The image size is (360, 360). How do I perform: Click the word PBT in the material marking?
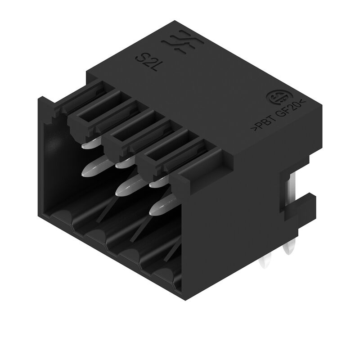262,124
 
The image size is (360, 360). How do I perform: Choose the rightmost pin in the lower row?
160,207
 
